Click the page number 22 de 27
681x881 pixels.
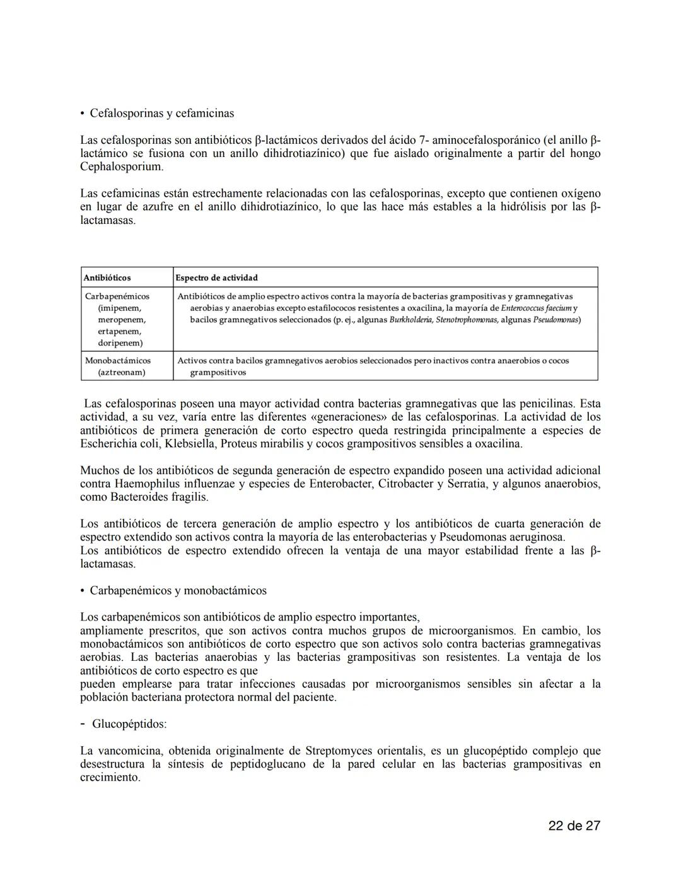pos(574,826)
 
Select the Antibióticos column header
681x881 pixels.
pos(108,277)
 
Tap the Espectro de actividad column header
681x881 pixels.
pos(216,277)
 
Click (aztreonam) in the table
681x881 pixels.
pos(122,372)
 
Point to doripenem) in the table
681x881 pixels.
pos(120,343)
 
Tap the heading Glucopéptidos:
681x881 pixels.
pos(129,724)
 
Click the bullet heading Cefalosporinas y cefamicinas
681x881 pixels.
pos(161,114)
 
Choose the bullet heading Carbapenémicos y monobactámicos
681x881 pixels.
pos(178,591)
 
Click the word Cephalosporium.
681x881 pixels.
pos(121,166)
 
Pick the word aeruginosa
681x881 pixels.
pos(538,537)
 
